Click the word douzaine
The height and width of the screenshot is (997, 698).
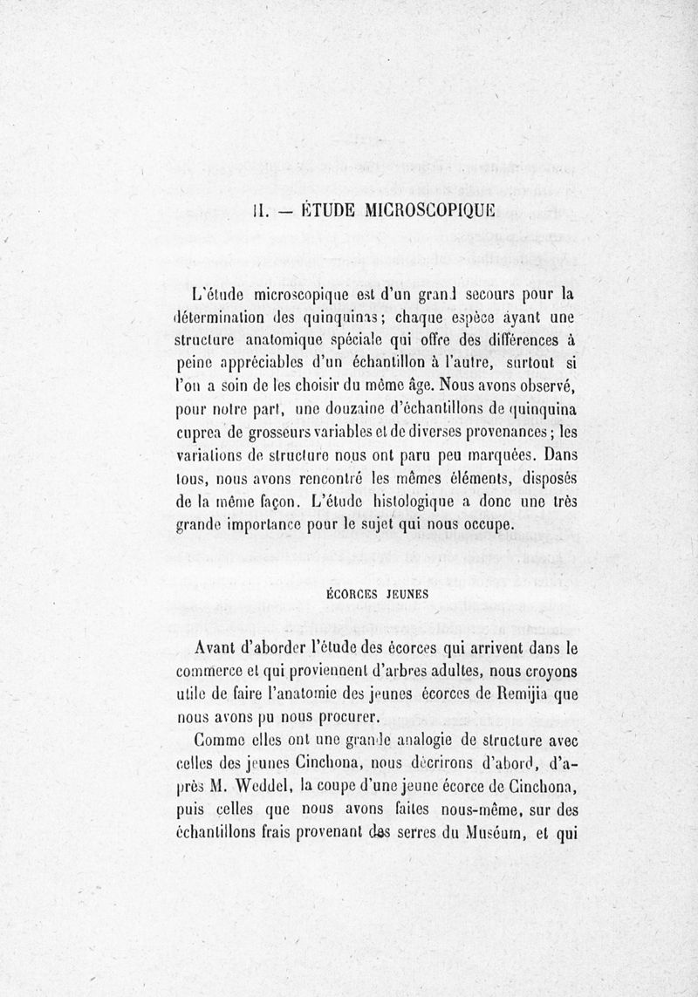[x=366, y=406]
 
